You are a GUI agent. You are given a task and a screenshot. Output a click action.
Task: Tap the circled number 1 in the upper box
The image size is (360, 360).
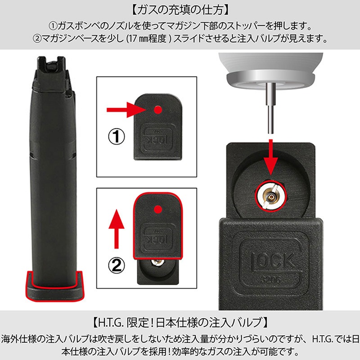click(117, 137)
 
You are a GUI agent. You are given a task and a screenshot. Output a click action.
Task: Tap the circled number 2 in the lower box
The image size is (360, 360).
click(117, 265)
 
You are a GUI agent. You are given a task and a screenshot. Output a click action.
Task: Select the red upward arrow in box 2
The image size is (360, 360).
click(117, 229)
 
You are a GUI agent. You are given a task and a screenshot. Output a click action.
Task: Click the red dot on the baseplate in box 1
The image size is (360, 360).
click(158, 110)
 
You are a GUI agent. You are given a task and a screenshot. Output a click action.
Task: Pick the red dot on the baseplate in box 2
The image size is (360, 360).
click(158, 209)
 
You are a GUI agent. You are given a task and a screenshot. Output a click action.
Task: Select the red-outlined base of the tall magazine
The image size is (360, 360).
click(54, 286)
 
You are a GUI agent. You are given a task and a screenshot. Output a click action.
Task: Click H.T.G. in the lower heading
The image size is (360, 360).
click(111, 323)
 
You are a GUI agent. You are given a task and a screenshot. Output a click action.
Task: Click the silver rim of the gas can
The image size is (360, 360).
click(270, 79)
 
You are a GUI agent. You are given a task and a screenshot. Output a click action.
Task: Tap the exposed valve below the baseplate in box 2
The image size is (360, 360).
click(157, 262)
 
